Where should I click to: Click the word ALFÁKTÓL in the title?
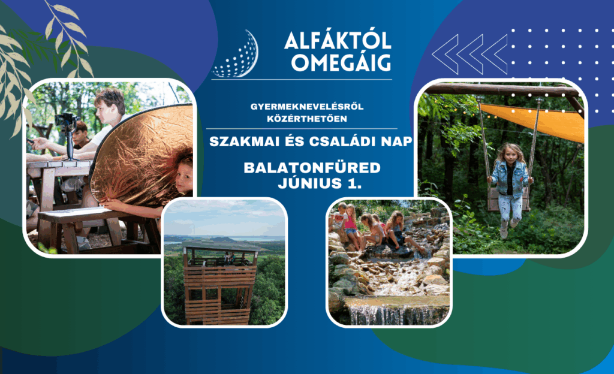338,40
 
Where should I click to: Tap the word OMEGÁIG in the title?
341,62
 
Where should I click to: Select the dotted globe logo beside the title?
236,54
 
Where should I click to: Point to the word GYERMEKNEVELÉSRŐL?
307,107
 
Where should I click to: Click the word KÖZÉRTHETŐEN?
307,119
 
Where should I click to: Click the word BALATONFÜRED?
312,168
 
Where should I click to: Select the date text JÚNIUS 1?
320,183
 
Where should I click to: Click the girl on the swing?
510,186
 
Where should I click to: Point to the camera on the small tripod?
66,119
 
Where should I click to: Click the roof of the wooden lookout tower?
221,247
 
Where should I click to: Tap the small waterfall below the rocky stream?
396,312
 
